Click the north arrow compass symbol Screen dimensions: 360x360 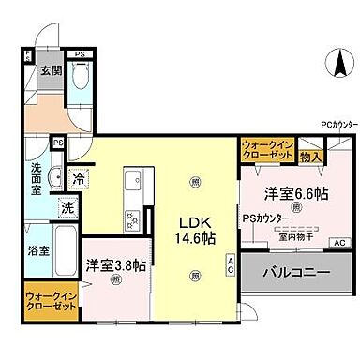pos(335,66)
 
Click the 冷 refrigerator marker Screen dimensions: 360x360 pos(80,179)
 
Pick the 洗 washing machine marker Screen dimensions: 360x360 pos(67,206)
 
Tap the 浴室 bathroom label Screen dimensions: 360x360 pos(37,250)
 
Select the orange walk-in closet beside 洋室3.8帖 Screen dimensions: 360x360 pos(47,302)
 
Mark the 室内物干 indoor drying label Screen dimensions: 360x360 pos(295,235)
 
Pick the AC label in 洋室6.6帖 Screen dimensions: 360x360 pos(337,242)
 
